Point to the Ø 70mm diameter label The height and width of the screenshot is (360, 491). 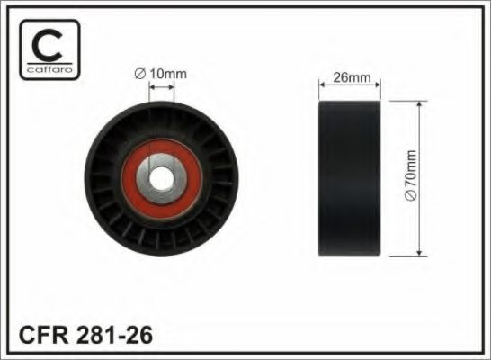[x=411, y=178]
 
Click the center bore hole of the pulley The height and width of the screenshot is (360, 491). [x=163, y=176]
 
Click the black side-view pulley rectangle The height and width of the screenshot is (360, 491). [x=351, y=177]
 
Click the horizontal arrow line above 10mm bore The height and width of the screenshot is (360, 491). [x=163, y=86]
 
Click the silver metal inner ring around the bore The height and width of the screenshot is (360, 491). [x=163, y=164]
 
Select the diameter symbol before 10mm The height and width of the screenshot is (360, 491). [x=142, y=72]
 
